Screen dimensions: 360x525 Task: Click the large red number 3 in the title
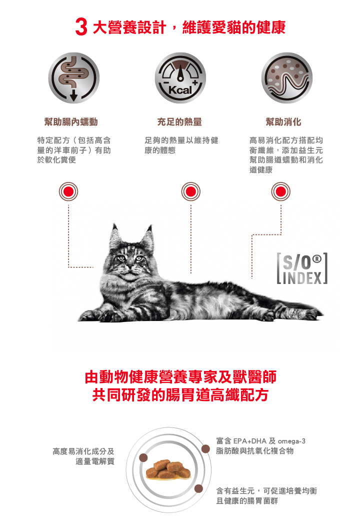point(81,27)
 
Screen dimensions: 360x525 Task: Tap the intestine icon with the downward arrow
point(73,77)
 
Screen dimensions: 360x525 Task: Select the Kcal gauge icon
point(180,77)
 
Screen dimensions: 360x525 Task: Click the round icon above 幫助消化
point(286,77)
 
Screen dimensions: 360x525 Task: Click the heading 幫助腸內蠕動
point(71,122)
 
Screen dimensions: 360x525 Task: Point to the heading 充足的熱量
point(179,122)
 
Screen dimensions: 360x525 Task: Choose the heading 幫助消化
point(283,122)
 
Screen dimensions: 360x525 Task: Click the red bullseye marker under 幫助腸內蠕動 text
point(68,191)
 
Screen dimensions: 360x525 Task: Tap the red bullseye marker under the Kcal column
point(191,191)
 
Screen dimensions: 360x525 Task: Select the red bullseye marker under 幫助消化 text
point(281,191)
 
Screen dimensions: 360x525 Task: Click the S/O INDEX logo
point(302,269)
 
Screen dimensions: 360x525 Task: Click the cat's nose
point(129,266)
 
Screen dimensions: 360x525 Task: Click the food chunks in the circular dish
point(168,469)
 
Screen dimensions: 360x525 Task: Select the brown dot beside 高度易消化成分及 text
point(143,457)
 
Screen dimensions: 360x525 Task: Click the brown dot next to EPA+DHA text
point(205,449)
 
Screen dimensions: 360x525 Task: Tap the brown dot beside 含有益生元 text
point(198,488)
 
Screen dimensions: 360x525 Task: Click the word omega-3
point(291,441)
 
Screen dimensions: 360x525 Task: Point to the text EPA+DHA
point(250,441)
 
